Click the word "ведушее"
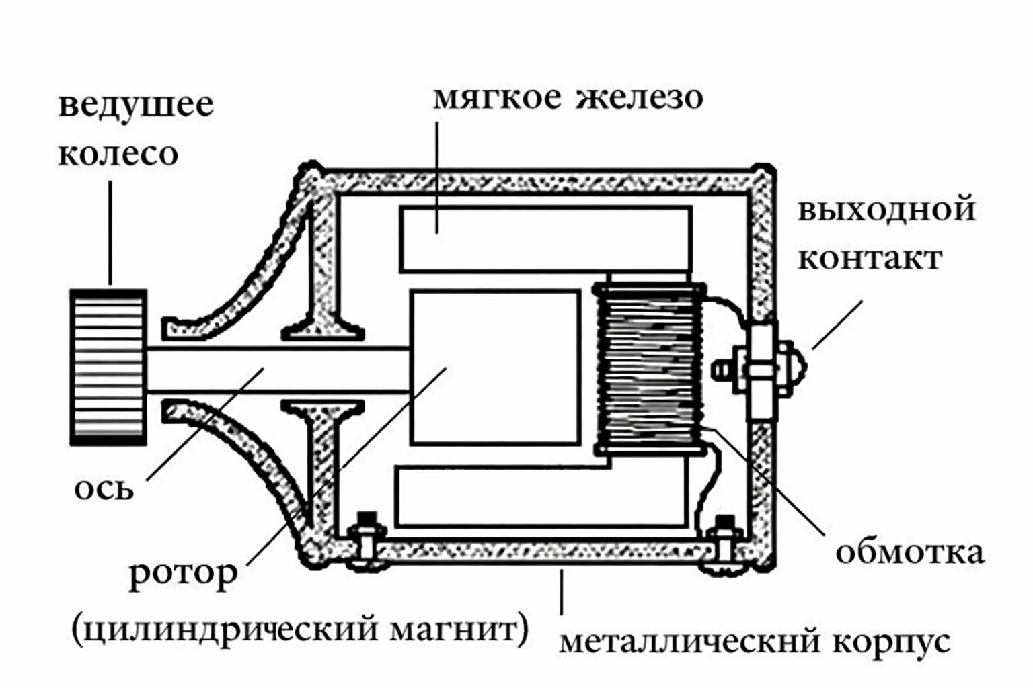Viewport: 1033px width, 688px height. pyautogui.click(x=136, y=105)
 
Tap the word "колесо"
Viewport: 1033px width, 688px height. pyautogui.click(x=118, y=154)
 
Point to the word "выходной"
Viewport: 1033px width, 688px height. pyautogui.click(x=886, y=209)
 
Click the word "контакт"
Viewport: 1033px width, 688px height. pyautogui.click(x=870, y=258)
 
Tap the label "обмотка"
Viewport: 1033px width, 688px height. pyautogui.click(x=909, y=552)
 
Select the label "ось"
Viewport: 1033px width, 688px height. pyautogui.click(x=104, y=488)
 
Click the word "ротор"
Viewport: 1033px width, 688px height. pyautogui.click(x=183, y=574)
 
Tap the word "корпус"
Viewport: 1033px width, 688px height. pyautogui.click(x=892, y=642)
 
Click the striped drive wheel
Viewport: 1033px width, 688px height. pyautogui.click(x=108, y=367)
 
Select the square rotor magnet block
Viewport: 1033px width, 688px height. pyautogui.click(x=495, y=368)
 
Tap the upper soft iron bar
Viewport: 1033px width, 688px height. pyautogui.click(x=545, y=239)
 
